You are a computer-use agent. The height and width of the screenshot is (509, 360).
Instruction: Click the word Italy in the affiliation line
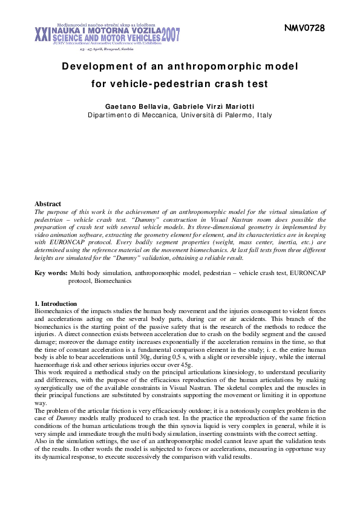pos(264,115)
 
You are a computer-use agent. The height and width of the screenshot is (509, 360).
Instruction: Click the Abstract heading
pos(48,204)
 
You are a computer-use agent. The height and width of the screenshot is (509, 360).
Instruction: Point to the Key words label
pos(50,274)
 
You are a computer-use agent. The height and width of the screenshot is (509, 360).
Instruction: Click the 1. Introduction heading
pos(56,303)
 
